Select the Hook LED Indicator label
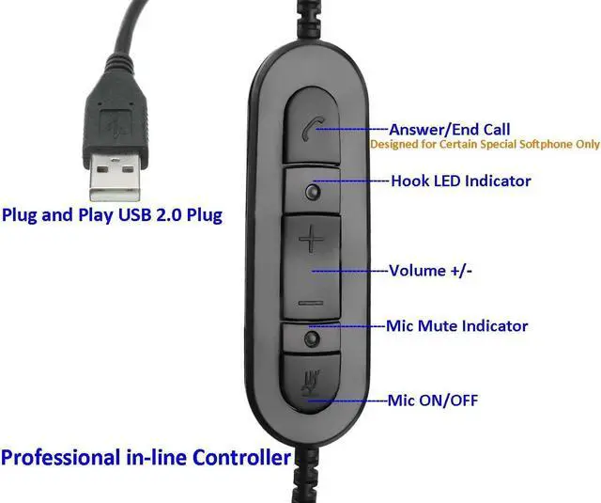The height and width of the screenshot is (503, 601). coord(460,181)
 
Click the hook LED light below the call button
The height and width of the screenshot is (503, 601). coord(312,192)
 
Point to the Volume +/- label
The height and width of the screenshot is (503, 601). coord(429,270)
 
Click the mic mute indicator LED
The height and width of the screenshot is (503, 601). coord(312,338)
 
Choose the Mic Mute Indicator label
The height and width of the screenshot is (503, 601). coord(457,326)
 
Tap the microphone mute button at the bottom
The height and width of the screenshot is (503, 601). coord(312,384)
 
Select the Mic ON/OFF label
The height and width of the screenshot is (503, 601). coord(433,401)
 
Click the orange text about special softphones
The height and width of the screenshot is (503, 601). coord(484,146)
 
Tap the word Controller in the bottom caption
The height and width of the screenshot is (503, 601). coord(241,459)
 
